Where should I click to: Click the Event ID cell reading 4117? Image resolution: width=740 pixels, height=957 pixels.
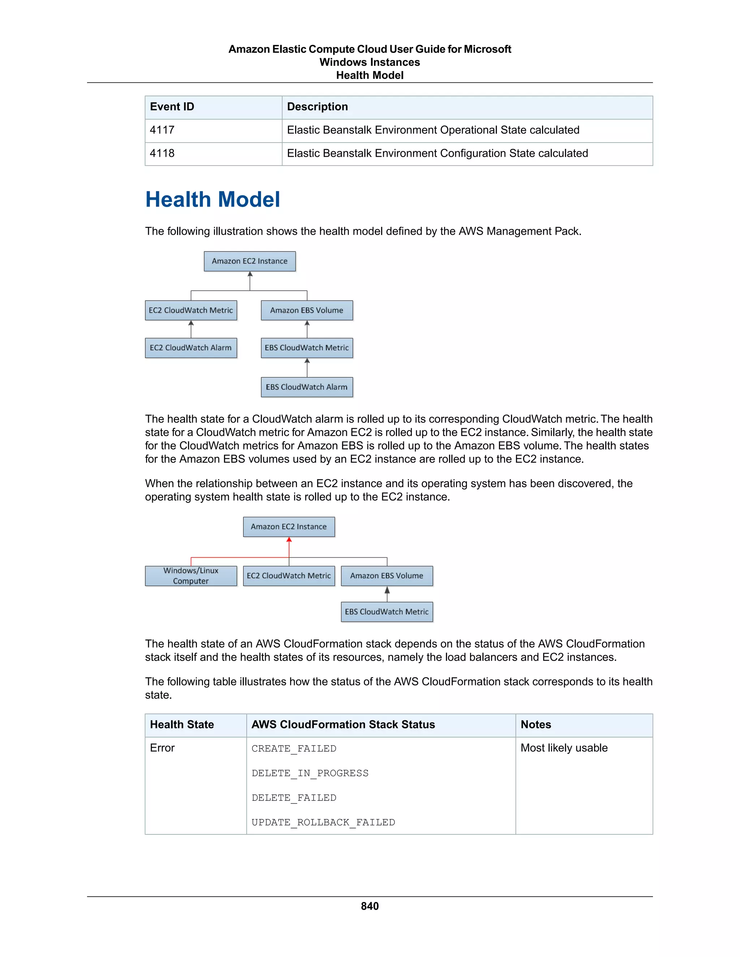pos(162,130)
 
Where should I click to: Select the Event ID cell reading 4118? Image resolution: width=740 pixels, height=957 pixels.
pos(162,153)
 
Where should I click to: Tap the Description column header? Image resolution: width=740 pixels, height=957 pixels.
pos(317,107)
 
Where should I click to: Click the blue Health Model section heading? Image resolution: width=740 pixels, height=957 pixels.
pos(212,199)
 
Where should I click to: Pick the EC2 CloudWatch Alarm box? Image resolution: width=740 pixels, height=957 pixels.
pos(191,348)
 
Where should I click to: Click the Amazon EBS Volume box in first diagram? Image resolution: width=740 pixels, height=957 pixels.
pos(307,310)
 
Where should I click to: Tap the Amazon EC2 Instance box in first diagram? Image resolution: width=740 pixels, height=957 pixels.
pos(250,261)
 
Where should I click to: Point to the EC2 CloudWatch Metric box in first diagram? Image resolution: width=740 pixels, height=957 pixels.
pos(191,310)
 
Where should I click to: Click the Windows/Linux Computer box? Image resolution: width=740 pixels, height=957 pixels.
pos(191,576)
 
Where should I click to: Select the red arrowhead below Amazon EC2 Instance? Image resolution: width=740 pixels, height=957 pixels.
pos(289,540)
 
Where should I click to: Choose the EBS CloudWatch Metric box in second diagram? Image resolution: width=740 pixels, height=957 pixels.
pos(387,612)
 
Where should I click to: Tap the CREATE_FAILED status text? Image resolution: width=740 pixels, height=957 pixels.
pos(294,749)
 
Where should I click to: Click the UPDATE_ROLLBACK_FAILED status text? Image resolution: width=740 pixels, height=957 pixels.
pos(323,822)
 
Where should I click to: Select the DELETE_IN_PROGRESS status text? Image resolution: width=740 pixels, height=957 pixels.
pos(310,774)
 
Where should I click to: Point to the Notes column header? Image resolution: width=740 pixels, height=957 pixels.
pos(536,725)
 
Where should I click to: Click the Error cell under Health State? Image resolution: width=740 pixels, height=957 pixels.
pos(162,748)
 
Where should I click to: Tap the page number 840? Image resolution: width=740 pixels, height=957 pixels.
pos(370,906)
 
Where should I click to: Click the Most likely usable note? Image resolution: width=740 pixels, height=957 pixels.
pos(564,748)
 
